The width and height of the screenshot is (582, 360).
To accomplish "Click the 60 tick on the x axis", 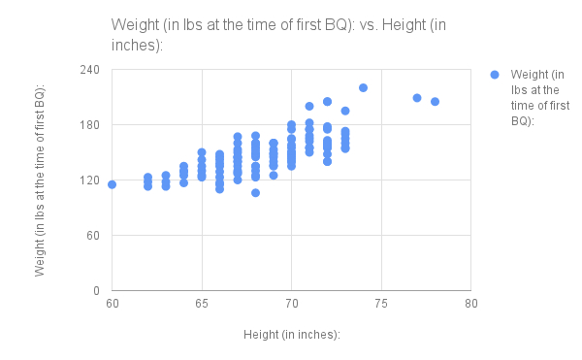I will pos(112,306).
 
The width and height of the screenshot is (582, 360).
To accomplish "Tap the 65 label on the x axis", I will pos(202,306).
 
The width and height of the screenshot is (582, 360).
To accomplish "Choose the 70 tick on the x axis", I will pos(291,306).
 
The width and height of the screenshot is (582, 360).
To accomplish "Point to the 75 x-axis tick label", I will pos(381,306).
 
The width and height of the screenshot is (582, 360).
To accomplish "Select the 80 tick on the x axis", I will pos(470,306).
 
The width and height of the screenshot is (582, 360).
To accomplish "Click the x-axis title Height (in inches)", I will pos(291,335).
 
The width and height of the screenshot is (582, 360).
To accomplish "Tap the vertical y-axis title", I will pos(40,180).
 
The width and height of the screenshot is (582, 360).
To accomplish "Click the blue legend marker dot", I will pos(494,74).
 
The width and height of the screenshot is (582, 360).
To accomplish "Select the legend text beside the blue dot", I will pos(535,98).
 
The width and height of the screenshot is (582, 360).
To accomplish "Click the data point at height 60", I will pos(112,184).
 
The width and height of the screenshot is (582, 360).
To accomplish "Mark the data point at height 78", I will pos(435,102).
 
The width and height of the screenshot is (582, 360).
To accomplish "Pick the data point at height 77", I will pos(417,98).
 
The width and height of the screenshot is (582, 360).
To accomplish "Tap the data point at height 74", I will pos(363,87).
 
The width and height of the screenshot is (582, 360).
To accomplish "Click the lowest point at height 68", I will pos(255,192).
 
